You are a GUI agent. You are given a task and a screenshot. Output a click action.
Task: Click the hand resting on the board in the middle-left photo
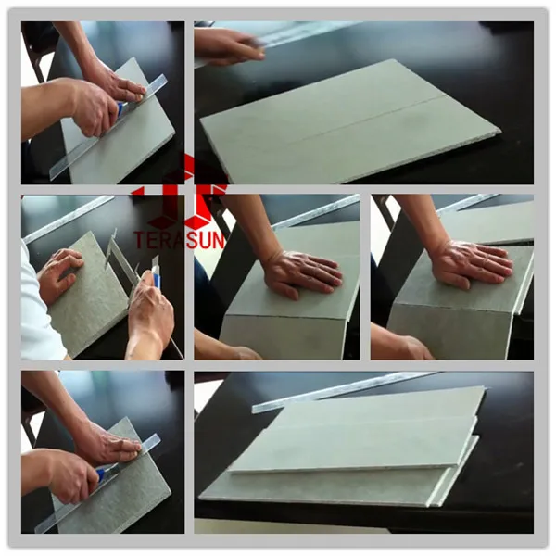point(60,273)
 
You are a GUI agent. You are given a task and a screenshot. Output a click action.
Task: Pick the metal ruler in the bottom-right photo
point(343,390)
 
